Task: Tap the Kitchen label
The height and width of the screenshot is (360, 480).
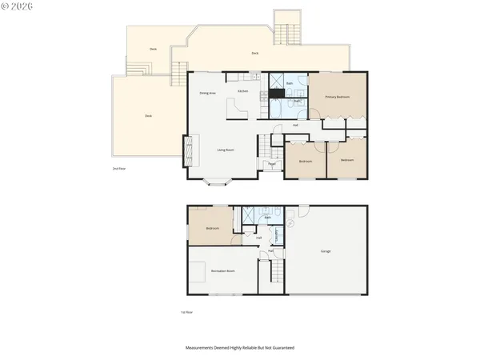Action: click(242, 91)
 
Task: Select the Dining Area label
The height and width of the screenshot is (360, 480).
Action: click(207, 94)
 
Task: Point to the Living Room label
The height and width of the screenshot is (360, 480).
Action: click(225, 150)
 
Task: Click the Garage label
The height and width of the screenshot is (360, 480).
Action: click(326, 251)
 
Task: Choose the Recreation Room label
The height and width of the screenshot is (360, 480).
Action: click(222, 271)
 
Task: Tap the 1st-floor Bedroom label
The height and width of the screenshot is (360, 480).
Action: click(212, 228)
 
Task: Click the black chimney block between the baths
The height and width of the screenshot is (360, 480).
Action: click(277, 93)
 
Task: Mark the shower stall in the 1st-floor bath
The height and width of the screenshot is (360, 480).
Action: click(250, 216)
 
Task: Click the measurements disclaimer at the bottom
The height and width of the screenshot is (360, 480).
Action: click(240, 348)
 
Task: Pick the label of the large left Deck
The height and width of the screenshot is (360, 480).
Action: click(149, 116)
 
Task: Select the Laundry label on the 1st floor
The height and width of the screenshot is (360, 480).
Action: click(278, 235)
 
